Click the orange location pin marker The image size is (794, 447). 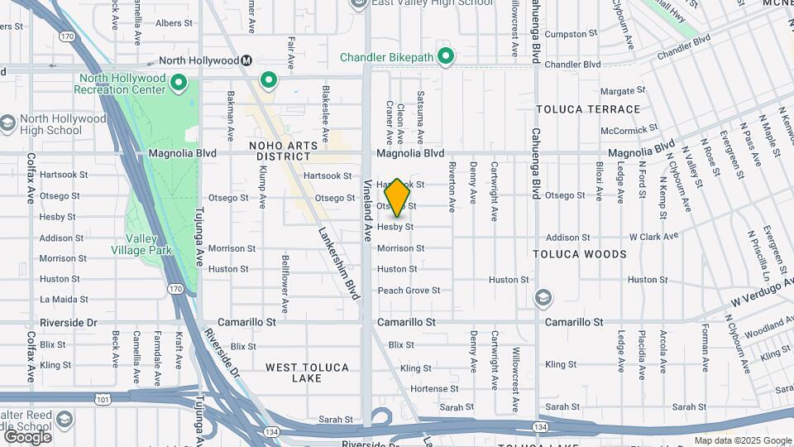coord(398,197)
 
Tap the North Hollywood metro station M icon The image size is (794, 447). coord(246,60)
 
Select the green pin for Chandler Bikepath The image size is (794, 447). coord(446,56)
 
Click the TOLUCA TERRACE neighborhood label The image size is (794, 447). coord(588,109)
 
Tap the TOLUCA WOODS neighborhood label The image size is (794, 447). coord(580,254)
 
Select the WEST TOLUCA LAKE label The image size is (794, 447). coord(307,372)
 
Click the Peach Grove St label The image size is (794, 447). coord(409,291)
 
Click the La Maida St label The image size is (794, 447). coord(64,299)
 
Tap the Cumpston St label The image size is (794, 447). coord(566,35)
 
